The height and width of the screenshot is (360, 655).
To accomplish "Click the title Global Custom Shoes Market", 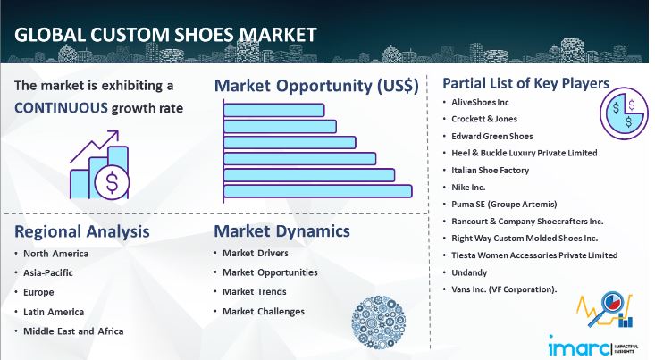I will click(x=164, y=36).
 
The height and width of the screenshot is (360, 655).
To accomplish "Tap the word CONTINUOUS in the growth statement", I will click(x=62, y=108).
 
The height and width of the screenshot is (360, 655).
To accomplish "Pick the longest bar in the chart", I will click(x=317, y=190).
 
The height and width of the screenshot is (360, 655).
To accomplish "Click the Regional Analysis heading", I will click(x=81, y=231).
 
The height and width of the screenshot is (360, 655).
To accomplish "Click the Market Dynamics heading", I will click(x=281, y=231).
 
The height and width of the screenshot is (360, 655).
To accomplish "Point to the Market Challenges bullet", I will click(x=263, y=312).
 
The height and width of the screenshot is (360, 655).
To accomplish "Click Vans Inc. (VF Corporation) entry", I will click(x=505, y=289).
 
